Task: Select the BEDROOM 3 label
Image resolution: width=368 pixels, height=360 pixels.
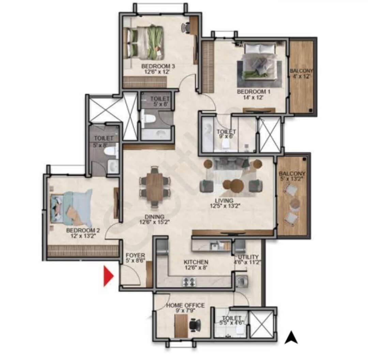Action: click(155, 68)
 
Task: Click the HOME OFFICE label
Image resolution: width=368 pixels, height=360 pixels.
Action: click(185, 308)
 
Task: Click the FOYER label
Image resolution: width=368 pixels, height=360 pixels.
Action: click(135, 258)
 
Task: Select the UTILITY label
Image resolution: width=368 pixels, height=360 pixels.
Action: click(248, 260)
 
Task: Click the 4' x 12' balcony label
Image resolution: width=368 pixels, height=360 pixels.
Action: click(301, 74)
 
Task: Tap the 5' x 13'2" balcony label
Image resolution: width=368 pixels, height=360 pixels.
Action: click(292, 176)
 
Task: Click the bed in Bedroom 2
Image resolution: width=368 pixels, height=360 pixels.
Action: click(71, 208)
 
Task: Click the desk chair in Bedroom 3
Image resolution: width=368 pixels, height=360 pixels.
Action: click(186, 28)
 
